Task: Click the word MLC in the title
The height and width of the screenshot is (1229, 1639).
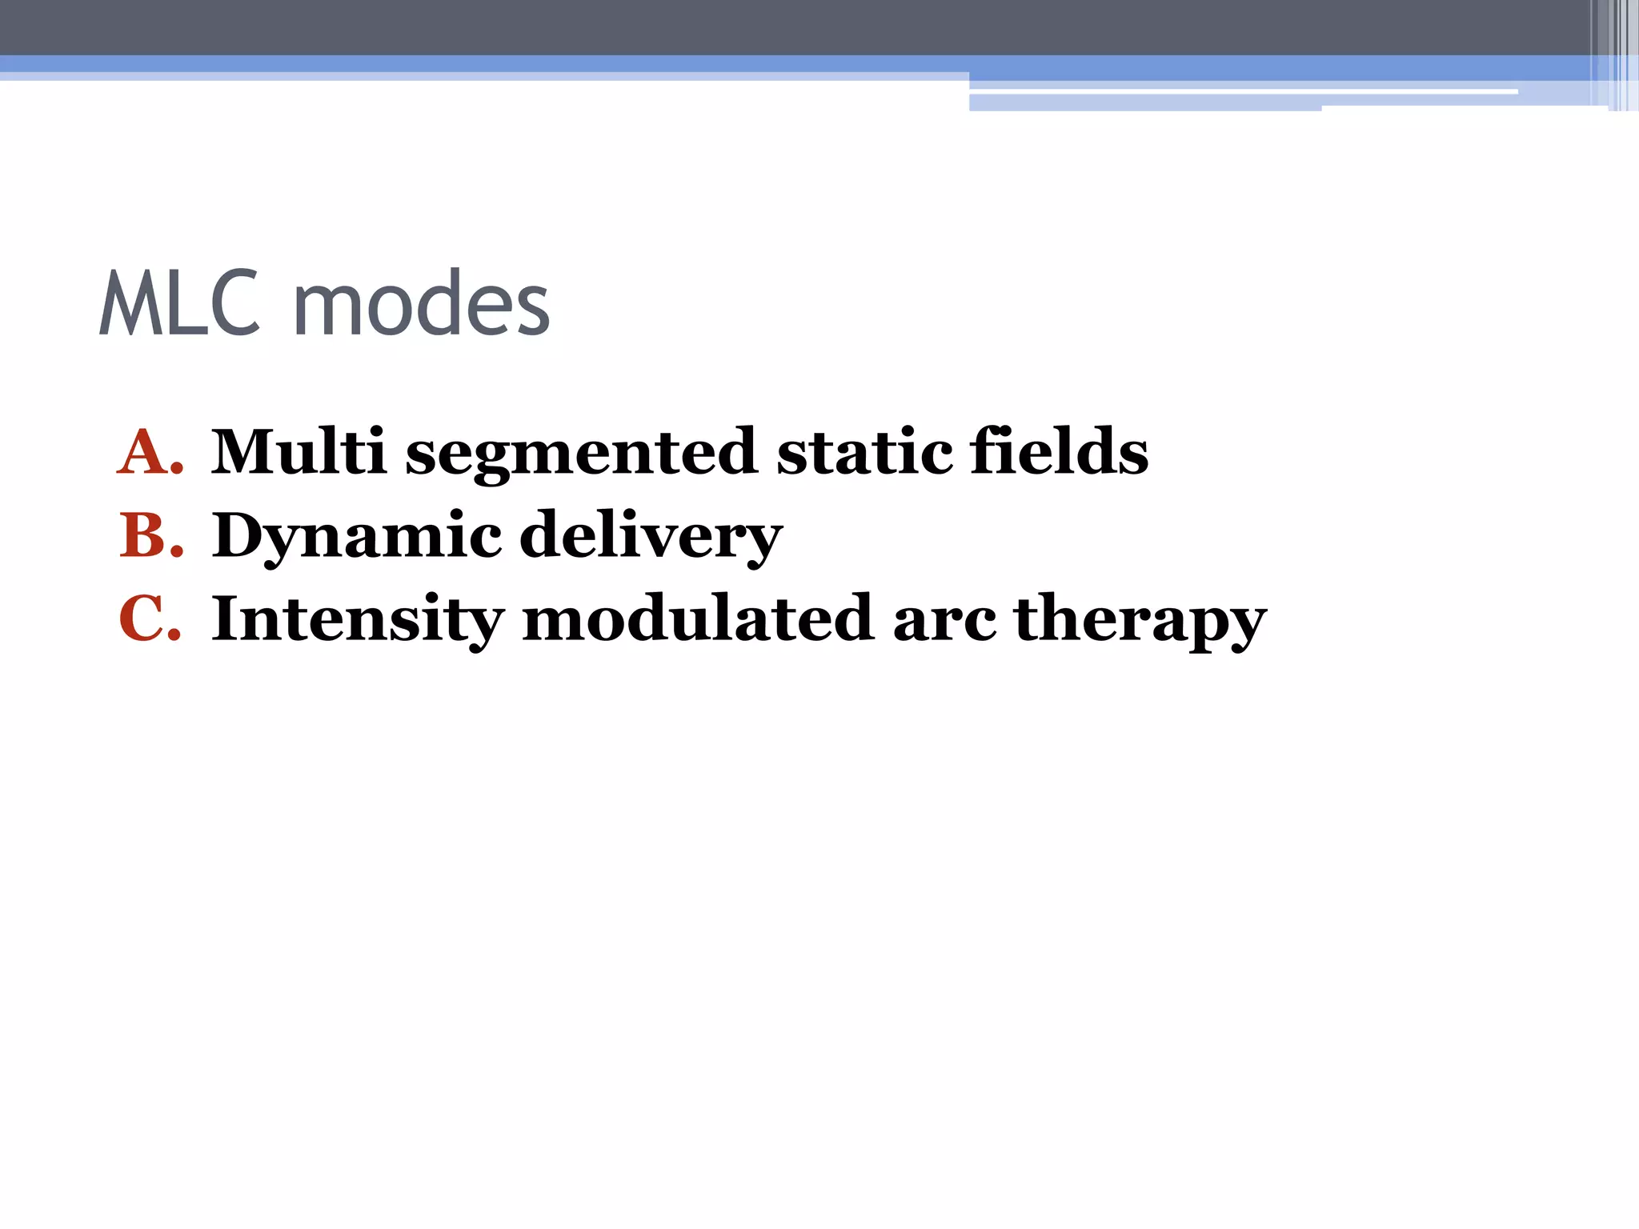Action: click(x=180, y=304)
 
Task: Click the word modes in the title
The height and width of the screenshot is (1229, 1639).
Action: click(x=422, y=304)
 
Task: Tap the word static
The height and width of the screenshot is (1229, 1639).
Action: click(x=864, y=452)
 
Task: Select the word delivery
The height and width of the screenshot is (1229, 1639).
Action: click(x=651, y=537)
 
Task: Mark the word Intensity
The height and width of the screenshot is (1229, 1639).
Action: click(x=357, y=620)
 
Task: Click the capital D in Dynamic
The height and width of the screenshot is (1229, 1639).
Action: click(x=238, y=535)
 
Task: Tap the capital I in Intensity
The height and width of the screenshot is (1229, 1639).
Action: click(x=226, y=619)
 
